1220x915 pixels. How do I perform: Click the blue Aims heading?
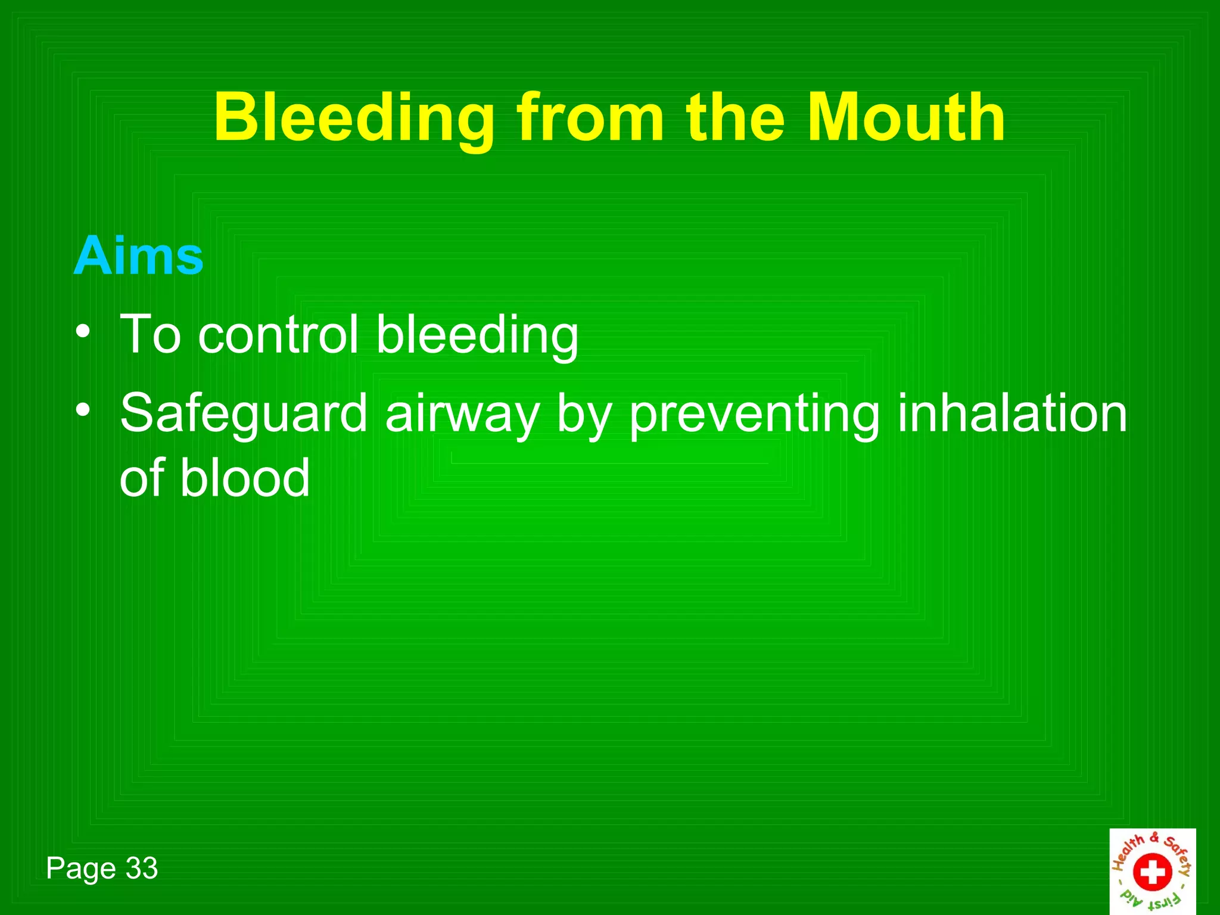138,256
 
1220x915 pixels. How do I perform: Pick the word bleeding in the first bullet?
477,335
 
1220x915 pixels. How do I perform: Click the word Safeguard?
244,414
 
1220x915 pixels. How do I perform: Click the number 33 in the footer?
142,868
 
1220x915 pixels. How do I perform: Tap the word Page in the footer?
82,869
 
